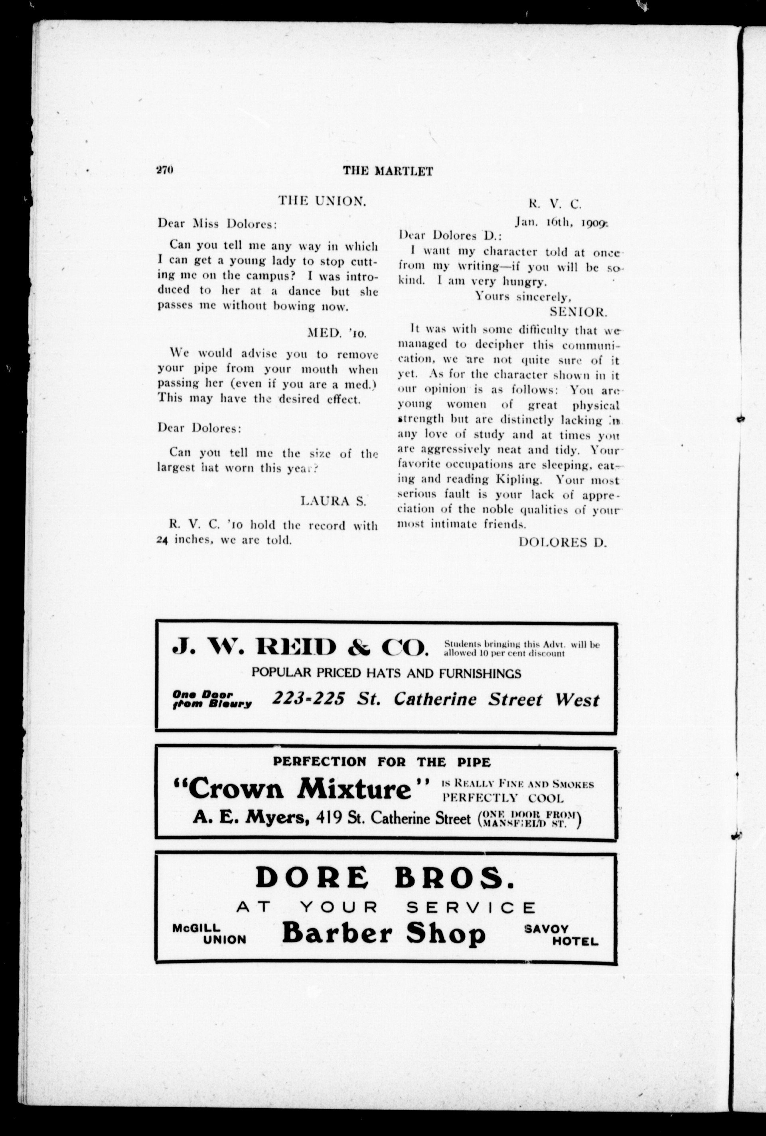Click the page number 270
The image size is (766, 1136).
click(x=165, y=170)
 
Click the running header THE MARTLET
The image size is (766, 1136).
click(x=387, y=171)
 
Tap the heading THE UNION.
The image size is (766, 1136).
click(x=322, y=201)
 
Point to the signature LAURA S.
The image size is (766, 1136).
click(x=333, y=501)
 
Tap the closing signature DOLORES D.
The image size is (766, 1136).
click(x=562, y=542)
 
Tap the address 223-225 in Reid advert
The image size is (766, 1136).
click(x=308, y=699)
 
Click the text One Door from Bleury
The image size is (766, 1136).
click(x=211, y=699)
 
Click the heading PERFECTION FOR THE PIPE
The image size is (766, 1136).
click(x=381, y=761)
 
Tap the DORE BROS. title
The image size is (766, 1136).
click(x=385, y=878)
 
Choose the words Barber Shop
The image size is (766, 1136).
click(x=383, y=934)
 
